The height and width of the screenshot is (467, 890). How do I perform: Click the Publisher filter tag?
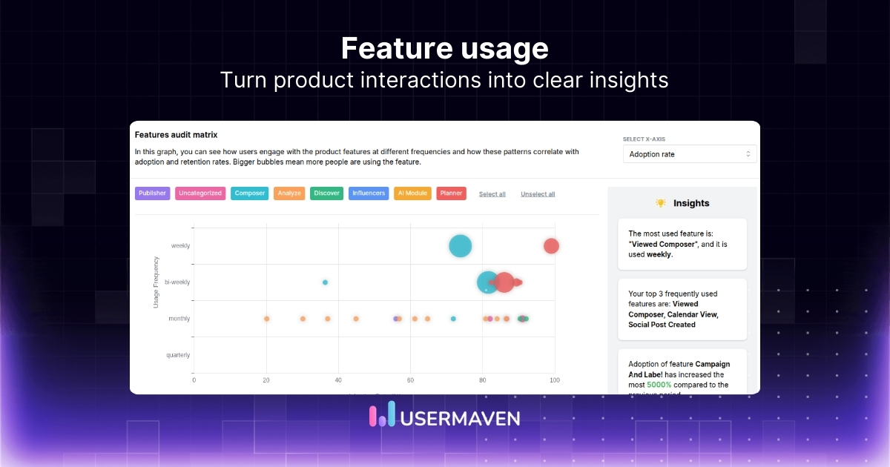point(152,193)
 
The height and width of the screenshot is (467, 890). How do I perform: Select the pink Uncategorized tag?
point(200,193)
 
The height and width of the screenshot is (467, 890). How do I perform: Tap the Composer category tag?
point(249,193)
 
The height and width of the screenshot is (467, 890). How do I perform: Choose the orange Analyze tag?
point(289,193)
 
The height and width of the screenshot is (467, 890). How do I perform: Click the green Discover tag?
point(326,193)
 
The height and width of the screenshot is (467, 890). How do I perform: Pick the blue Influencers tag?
point(369,193)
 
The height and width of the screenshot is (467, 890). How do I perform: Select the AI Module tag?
point(412,193)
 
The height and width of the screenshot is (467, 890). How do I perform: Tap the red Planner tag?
point(451,193)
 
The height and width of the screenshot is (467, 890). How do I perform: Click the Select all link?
point(492,194)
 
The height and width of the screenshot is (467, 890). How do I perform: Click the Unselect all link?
point(538,194)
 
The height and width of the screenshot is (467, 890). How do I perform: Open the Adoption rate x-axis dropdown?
point(690,154)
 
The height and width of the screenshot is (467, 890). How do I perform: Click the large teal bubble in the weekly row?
point(461,246)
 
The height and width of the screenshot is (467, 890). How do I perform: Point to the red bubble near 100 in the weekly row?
point(550,246)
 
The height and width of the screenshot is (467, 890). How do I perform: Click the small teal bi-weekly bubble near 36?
point(325,282)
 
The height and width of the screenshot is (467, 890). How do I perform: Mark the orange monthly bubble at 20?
point(266,319)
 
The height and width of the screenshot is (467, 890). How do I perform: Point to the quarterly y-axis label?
point(178,355)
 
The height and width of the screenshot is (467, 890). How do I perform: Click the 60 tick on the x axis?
point(410,380)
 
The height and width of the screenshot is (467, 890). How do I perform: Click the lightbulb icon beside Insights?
point(661,203)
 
